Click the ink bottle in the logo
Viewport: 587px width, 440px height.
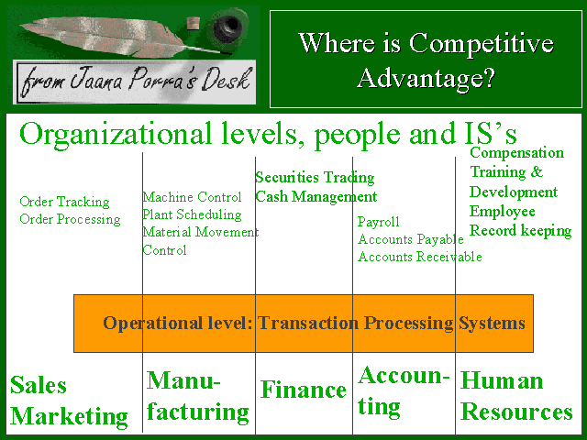tap(228, 26)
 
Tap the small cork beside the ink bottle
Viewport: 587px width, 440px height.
tap(193, 22)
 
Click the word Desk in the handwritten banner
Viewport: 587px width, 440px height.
tap(226, 80)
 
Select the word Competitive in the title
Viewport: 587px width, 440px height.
tap(481, 43)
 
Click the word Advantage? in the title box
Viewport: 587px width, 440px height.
tap(426, 78)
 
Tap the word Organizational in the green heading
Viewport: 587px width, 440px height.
tap(116, 134)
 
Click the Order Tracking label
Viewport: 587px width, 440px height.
tap(64, 202)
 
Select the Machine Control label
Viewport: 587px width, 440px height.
tap(192, 197)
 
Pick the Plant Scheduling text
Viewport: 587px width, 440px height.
tap(192, 214)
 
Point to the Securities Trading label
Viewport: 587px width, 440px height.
tap(315, 177)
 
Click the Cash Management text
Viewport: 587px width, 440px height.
tap(316, 197)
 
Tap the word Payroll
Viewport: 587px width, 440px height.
tap(379, 222)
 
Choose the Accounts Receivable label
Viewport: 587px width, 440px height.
tap(420, 257)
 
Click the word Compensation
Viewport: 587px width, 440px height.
tap(516, 153)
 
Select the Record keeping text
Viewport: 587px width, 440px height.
tap(520, 231)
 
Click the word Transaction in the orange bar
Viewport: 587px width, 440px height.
tap(308, 323)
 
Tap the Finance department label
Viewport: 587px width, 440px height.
tap(304, 390)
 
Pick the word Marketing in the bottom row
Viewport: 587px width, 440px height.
tap(69, 416)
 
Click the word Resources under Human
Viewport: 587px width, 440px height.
tap(516, 412)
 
